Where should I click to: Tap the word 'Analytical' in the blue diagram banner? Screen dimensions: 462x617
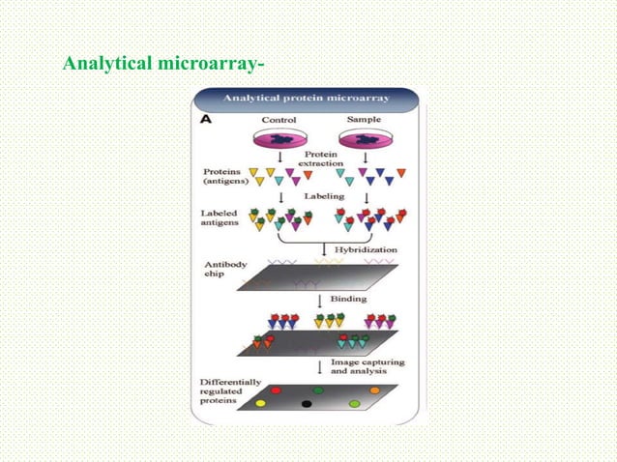(251, 98)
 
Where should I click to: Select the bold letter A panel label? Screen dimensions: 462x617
(205, 120)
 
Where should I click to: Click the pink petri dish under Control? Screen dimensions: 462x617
(279, 140)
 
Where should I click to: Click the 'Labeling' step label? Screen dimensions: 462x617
(322, 195)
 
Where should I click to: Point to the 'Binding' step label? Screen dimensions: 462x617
(349, 299)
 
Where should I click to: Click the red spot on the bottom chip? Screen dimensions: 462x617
(276, 390)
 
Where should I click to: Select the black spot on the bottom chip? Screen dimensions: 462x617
(307, 404)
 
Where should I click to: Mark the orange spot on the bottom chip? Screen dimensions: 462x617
(374, 390)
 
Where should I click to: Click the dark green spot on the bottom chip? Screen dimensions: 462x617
(318, 390)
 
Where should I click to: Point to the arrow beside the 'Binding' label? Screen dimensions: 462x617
(321, 300)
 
